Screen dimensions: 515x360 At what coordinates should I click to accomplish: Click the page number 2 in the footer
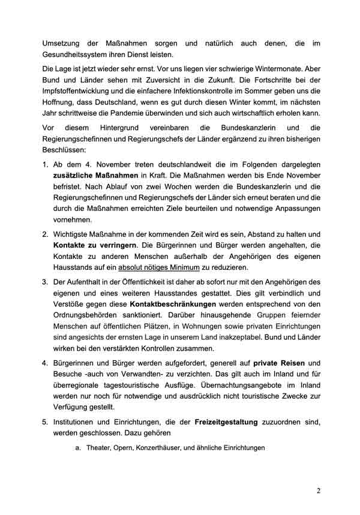pyautogui.click(x=319, y=490)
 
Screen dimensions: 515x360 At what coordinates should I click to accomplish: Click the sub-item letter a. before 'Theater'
pyautogui.click(x=79, y=448)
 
